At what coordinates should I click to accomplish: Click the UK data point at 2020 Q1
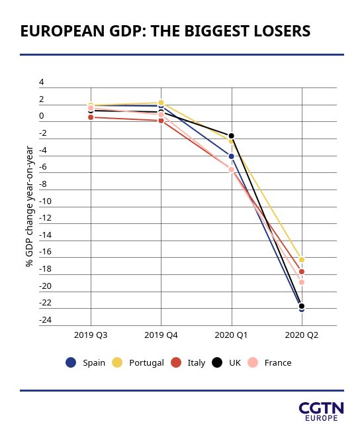232,136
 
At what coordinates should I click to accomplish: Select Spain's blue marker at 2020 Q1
232,156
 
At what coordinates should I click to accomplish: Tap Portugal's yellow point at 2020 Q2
302,260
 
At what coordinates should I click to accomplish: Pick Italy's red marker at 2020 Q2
302,272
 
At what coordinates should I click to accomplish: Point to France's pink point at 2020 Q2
302,282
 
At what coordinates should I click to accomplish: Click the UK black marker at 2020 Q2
302,306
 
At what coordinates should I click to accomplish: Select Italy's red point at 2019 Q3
91,117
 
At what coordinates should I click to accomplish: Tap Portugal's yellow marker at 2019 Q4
161,103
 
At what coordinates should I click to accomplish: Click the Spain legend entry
85,362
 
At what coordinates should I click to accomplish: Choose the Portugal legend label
146,363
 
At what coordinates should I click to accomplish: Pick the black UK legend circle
217,362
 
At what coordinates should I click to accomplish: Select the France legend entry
269,362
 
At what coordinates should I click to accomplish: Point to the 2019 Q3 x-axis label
91,335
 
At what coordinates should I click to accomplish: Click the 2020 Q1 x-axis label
231,335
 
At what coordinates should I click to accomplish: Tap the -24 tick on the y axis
46,320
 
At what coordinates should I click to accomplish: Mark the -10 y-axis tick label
46,201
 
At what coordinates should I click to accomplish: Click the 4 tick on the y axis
42,82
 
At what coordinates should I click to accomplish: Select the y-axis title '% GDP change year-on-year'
29,206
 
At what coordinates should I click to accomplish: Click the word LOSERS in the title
282,31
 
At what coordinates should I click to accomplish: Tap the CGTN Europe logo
322,411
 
